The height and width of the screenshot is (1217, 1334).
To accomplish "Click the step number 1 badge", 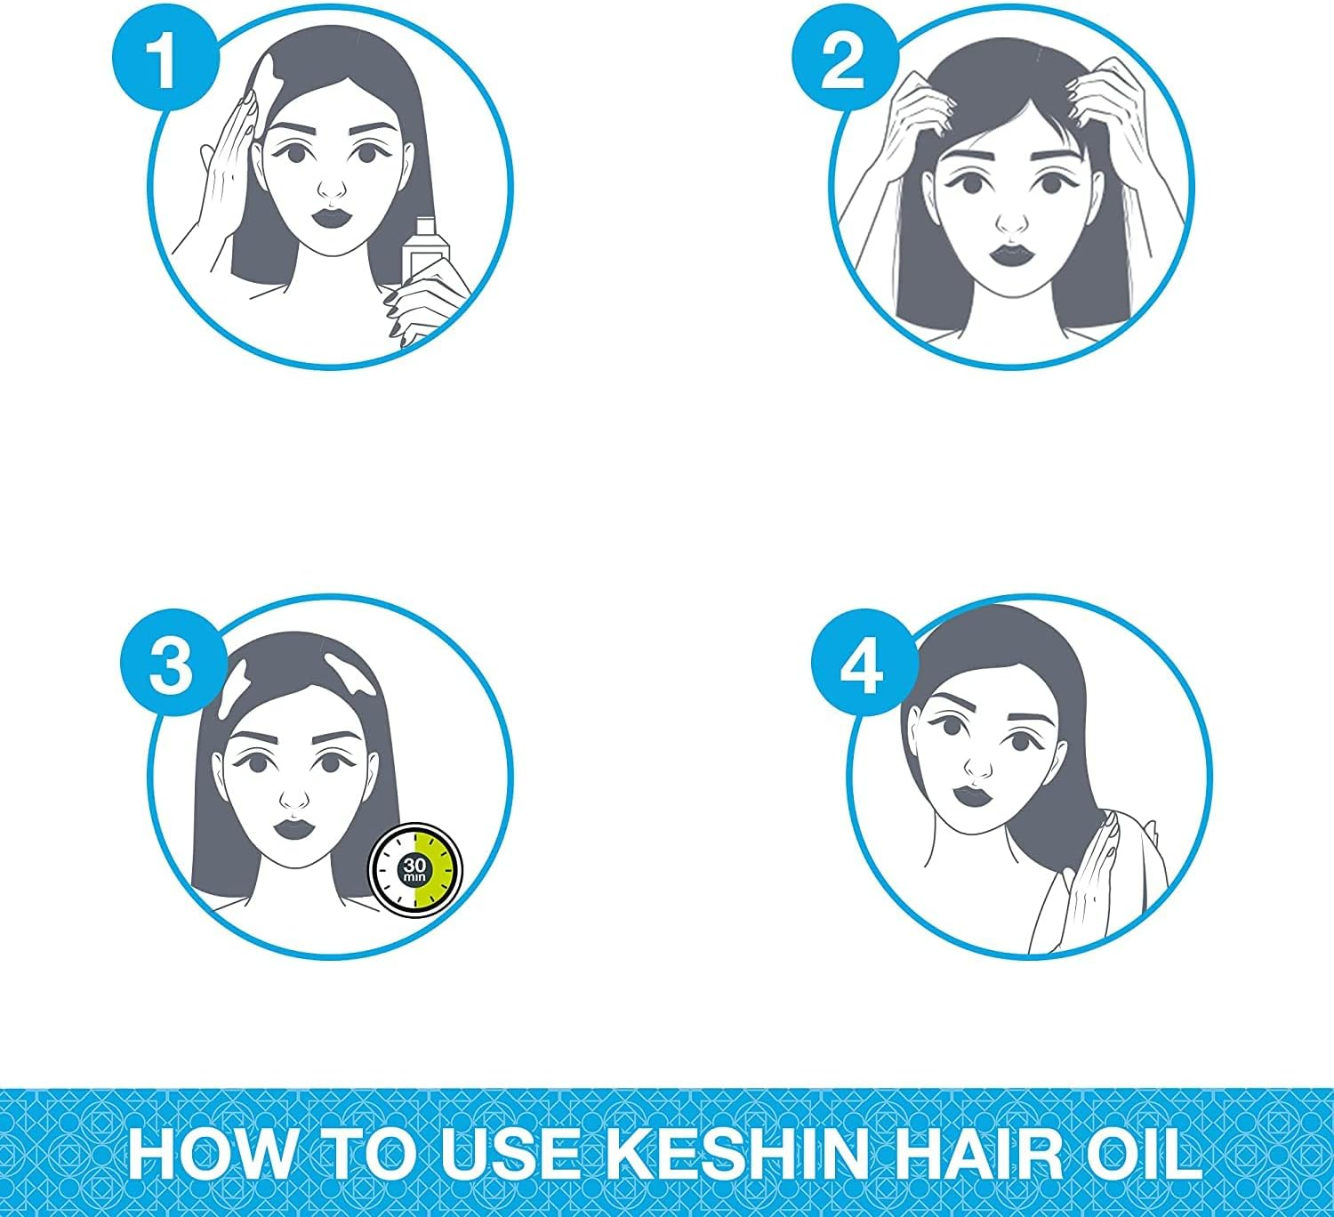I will [x=165, y=59].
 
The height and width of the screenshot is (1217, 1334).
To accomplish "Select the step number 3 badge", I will [x=172, y=664].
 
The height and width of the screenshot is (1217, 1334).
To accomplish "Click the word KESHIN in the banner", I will [x=737, y=1154].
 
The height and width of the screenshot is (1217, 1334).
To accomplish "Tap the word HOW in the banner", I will [x=212, y=1154].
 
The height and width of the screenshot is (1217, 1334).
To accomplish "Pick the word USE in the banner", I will [x=510, y=1154].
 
